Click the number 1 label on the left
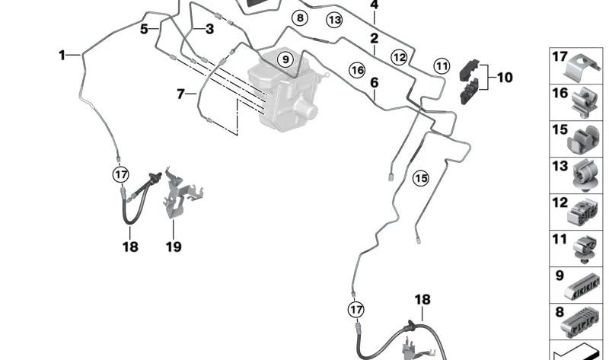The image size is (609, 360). pos(62,55)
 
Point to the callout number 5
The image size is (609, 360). pos(143,29)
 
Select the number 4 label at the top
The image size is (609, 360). pos(374,5)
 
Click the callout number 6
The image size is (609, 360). pos(374,81)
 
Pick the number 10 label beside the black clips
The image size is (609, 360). pos(504,77)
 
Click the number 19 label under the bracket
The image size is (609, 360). pos(174,247)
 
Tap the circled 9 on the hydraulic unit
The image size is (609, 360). pos(285,59)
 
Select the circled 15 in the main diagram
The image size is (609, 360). pos(420,178)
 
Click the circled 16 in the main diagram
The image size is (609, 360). pos(356,70)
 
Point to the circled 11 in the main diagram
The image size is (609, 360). pos(442,65)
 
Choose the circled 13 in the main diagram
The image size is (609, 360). pos(334,19)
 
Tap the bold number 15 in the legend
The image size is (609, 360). pos(560,129)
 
